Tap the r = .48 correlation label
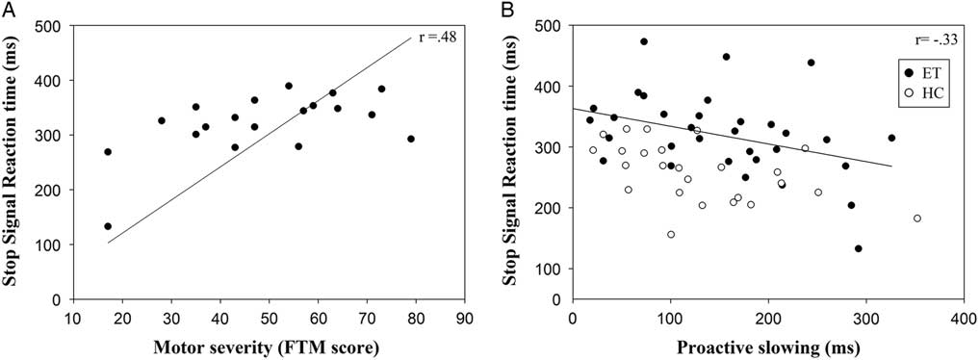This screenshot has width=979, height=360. click(427, 39)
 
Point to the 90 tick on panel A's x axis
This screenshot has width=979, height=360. click(464, 316)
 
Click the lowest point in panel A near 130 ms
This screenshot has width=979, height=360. click(108, 226)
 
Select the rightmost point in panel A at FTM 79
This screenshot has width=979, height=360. click(411, 139)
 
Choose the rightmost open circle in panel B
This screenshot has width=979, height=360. click(916, 219)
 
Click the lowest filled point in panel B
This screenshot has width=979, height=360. click(858, 248)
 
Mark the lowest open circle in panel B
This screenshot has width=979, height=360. click(671, 234)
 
